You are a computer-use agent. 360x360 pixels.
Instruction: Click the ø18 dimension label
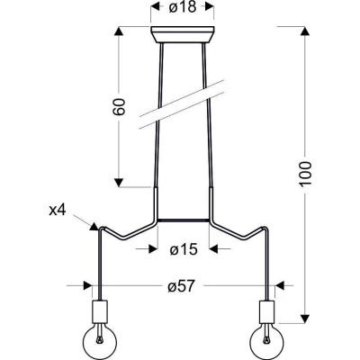(x=182, y=10)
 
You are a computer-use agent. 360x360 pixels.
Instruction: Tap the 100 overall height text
(x=306, y=173)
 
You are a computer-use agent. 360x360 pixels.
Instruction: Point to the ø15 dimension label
(x=184, y=250)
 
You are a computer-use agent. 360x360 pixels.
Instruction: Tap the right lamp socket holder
(x=267, y=312)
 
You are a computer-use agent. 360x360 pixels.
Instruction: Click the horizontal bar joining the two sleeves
(x=184, y=220)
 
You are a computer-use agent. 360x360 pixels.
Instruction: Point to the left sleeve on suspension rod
(x=157, y=202)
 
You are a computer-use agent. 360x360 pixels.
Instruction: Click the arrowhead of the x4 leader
(x=94, y=225)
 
